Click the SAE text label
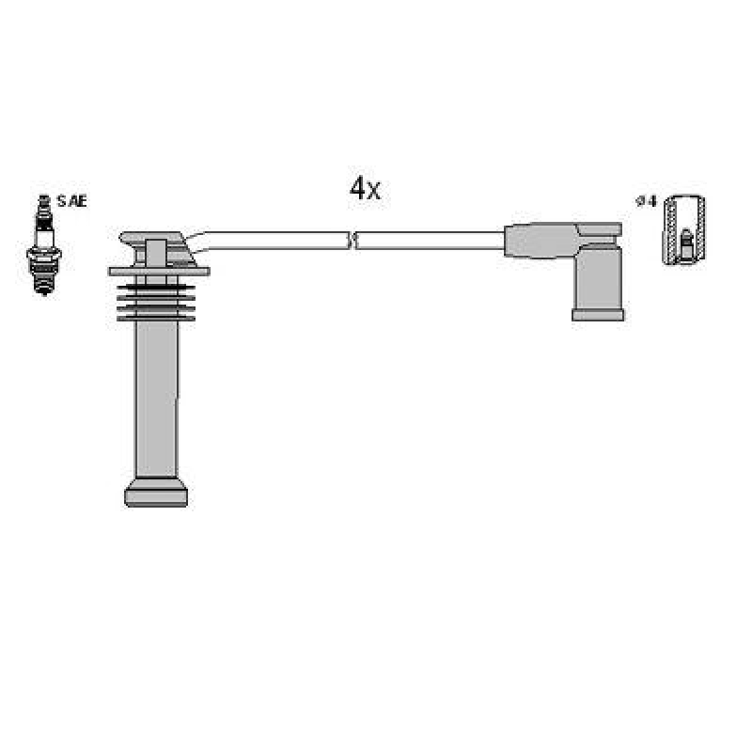(72, 201)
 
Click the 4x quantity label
(365, 189)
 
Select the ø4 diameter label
(646, 201)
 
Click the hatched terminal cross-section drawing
(684, 230)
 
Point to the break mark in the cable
(352, 241)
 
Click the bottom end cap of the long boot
(155, 493)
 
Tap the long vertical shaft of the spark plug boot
(155, 395)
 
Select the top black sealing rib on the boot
(155, 287)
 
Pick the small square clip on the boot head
(155, 252)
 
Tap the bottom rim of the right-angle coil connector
(597, 315)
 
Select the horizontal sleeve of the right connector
(540, 239)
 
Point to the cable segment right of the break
(428, 241)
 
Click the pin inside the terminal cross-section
(685, 246)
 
